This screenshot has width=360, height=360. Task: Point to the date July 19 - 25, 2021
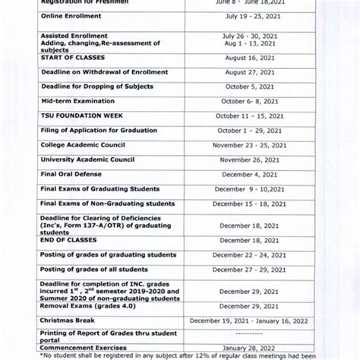[245, 16]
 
